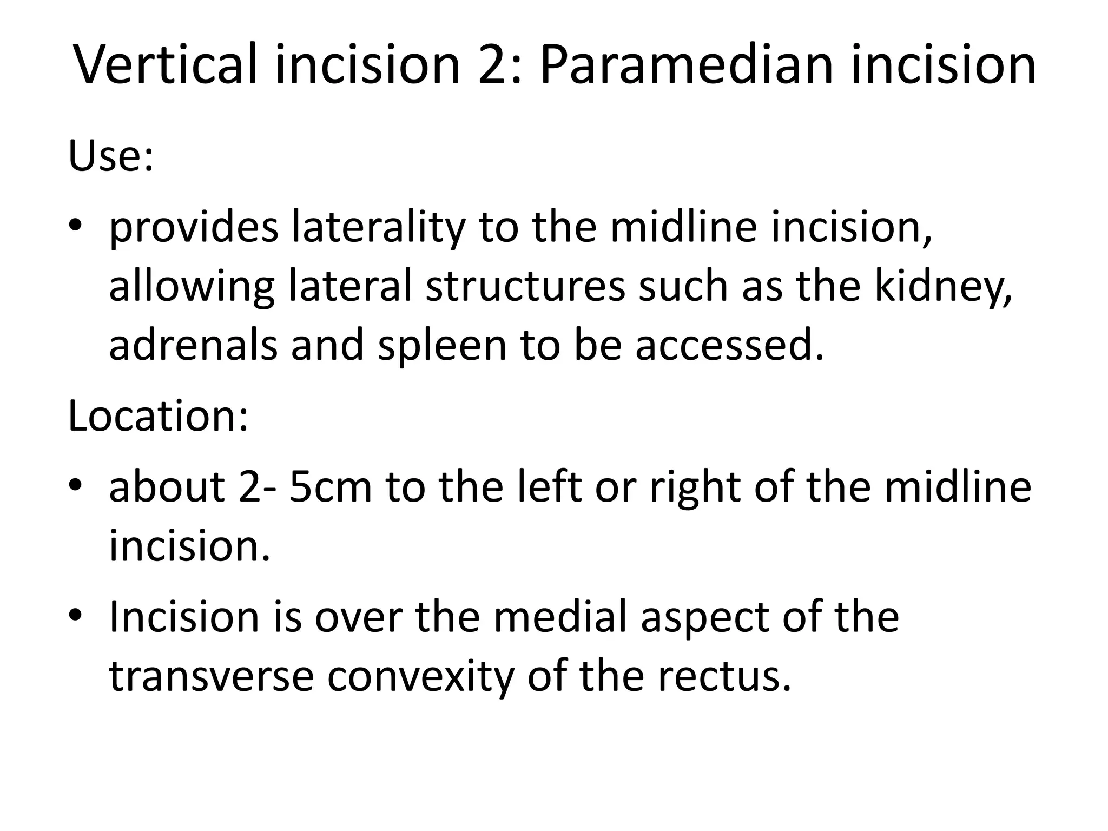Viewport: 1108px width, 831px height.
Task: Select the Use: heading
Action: coord(111,155)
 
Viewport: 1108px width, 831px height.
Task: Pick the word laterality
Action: coord(378,227)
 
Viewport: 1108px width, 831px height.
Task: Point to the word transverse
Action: coord(211,676)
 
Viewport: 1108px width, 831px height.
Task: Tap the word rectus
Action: coord(724,676)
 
